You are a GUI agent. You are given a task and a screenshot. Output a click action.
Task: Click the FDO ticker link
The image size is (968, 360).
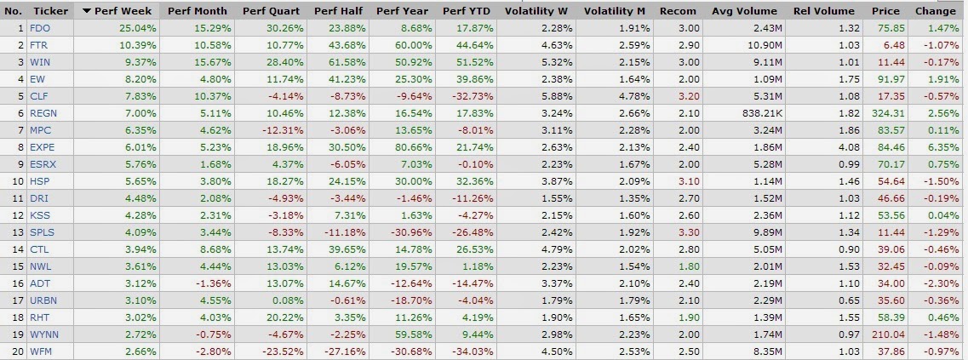(x=38, y=28)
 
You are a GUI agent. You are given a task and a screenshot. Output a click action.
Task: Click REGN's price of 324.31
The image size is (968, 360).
(x=891, y=111)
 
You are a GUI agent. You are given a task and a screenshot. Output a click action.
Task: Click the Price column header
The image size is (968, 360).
(x=885, y=12)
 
